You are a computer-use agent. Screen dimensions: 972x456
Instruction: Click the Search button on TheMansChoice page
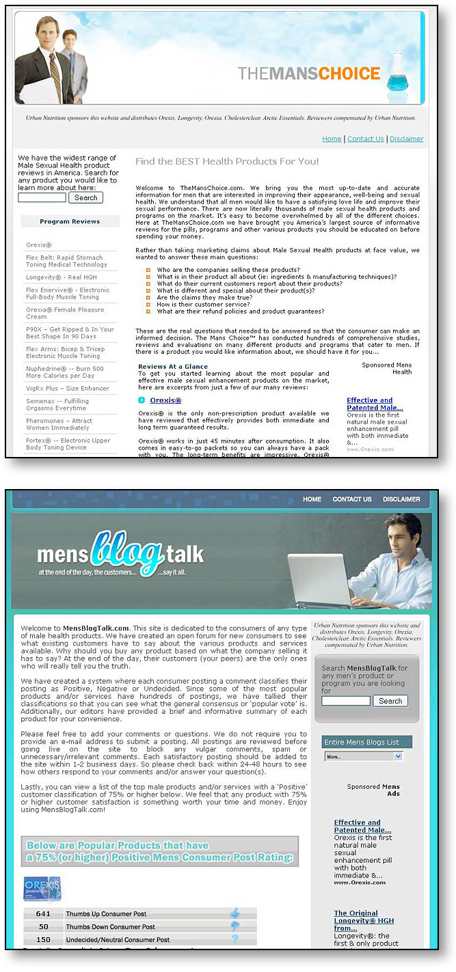pos(85,197)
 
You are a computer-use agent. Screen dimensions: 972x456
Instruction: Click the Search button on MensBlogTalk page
pos(390,701)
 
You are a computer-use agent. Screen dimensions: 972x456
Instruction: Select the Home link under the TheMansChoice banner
pos(332,139)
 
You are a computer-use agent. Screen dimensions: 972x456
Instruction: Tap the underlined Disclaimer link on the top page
pos(407,139)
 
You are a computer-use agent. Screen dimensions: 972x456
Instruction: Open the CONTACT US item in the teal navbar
pos(352,499)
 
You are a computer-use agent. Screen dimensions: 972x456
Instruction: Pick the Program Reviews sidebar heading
pos(70,221)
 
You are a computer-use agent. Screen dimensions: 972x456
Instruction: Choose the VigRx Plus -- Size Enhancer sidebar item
pos(68,389)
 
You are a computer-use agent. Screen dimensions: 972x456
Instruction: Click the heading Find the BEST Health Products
pos(227,162)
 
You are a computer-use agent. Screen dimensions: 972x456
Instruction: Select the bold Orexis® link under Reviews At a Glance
pos(165,400)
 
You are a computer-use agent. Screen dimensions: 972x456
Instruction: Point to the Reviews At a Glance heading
pos(173,367)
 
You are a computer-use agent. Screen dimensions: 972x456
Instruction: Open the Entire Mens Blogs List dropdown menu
pos(364,757)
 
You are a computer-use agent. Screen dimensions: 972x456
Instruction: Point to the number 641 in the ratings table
pos(43,913)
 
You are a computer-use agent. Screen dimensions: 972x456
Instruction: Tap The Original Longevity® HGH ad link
pos(364,921)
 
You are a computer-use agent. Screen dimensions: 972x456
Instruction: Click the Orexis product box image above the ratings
pos(42,889)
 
